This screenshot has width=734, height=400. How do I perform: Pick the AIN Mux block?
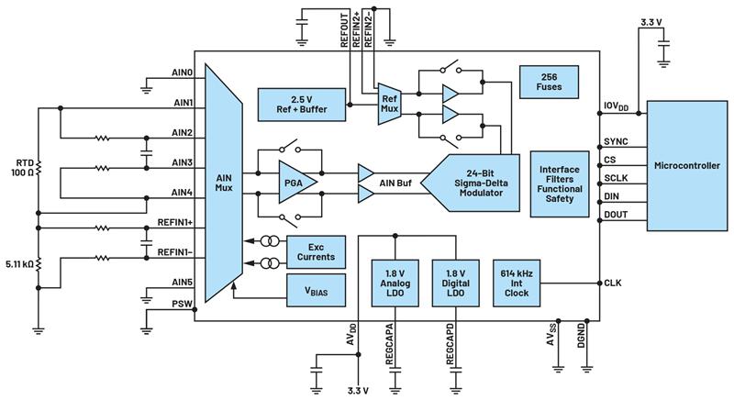click(x=223, y=183)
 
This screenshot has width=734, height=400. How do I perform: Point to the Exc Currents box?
click(x=316, y=250)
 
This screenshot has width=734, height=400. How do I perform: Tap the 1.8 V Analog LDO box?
click(x=394, y=284)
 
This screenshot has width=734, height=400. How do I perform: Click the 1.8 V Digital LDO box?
click(x=455, y=284)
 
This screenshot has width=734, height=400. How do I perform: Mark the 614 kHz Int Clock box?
click(x=517, y=283)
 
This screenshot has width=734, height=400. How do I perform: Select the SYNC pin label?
click(x=615, y=143)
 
